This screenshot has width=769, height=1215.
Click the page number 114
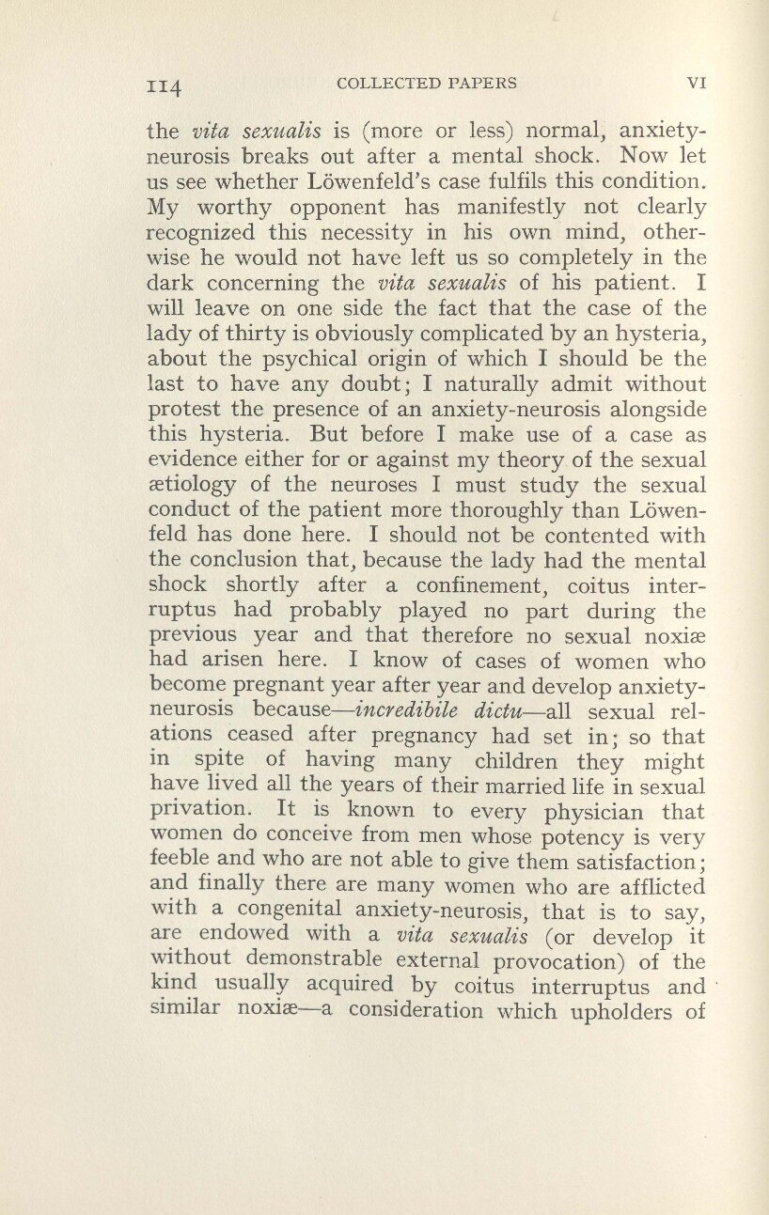(x=169, y=86)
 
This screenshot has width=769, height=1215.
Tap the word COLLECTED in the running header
(x=383, y=82)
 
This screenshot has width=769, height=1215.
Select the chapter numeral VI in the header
(x=697, y=82)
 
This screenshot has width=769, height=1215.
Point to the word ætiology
(x=189, y=487)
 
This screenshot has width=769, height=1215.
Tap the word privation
(x=192, y=809)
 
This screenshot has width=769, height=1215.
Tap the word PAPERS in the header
(x=483, y=82)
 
